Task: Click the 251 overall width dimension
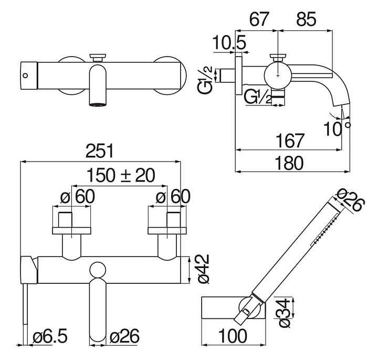(100, 151)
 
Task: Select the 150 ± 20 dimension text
(121, 175)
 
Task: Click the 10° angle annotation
(337, 129)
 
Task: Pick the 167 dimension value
(290, 141)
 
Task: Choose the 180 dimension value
(289, 163)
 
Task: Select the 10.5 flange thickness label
(229, 42)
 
